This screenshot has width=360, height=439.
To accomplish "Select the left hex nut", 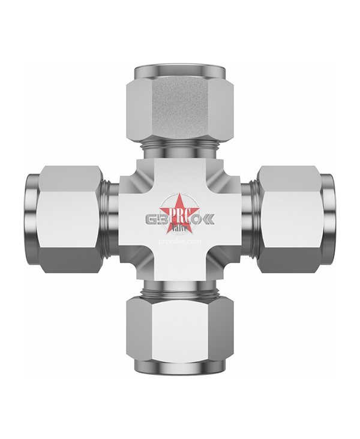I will click(x=69, y=220).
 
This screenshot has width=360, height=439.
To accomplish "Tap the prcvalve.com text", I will click(x=179, y=240).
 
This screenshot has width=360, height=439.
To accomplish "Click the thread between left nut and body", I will click(x=111, y=220).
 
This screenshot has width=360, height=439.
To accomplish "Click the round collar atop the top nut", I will click(x=179, y=70).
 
